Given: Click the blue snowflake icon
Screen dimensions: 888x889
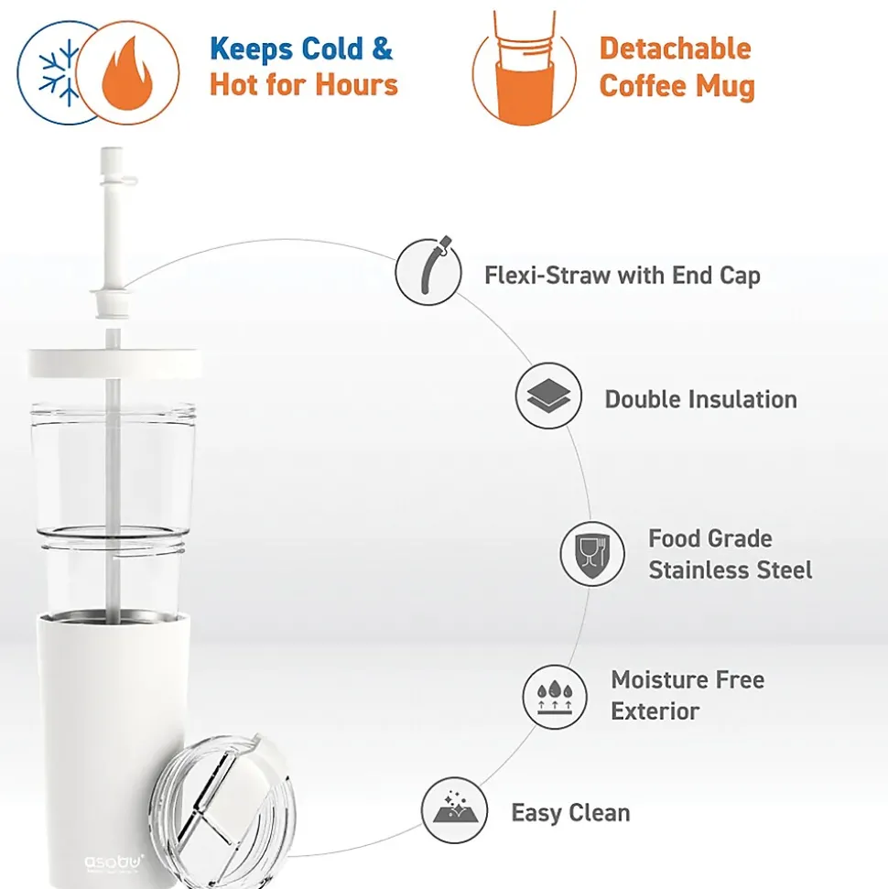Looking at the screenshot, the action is coord(59,72).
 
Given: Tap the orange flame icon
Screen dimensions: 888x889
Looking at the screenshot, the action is coord(127,73).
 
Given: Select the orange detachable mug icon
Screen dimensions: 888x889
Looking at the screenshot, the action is coord(525,68).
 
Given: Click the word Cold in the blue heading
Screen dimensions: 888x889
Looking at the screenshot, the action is coord(332,49).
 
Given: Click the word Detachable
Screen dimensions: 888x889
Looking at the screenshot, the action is coord(676,49).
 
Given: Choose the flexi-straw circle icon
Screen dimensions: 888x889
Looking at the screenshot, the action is coord(428,272).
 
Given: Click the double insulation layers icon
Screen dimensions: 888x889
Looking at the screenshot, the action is coord(548,396).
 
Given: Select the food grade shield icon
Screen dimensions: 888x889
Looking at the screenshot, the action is coord(592,554).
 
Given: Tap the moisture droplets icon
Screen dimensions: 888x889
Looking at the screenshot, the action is coord(555,697).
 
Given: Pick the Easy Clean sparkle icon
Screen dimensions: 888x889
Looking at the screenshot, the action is coord(455,810).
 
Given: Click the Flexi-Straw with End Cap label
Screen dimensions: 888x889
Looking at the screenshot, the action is coord(622,276).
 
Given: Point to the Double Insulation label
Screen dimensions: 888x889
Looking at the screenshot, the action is coord(701,399).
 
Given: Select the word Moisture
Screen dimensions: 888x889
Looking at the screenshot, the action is coord(655,679).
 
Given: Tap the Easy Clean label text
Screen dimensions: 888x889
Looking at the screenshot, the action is coord(570,812).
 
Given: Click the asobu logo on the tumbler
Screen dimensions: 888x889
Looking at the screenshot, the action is coord(114,863).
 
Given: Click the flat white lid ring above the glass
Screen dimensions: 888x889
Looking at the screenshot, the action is coord(114,363).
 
